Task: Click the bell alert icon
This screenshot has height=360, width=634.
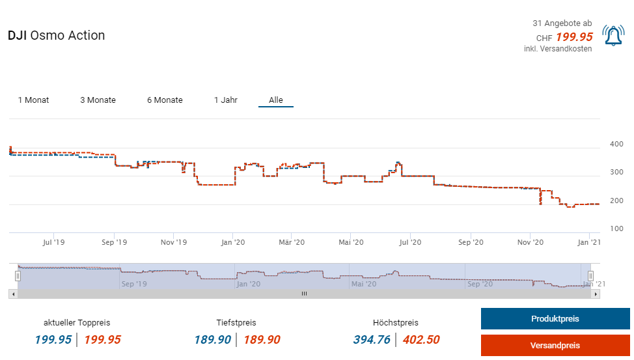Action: pos(613,36)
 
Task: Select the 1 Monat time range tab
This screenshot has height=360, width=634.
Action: pos(33,100)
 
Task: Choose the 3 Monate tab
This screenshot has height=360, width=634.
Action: pos(98,100)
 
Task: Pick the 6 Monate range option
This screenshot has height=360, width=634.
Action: pos(165,100)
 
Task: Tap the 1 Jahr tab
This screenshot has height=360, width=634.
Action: pos(225,100)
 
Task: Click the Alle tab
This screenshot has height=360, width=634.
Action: pos(276,100)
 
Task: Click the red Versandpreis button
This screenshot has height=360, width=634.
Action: pos(555,345)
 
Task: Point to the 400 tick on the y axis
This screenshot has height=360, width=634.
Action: pos(615,144)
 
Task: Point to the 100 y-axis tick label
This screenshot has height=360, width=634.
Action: pos(615,228)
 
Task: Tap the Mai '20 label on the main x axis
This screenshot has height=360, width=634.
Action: pos(350,242)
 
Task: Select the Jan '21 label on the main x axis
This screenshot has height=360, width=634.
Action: pos(589,242)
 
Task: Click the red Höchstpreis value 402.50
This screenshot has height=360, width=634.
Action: pos(420,339)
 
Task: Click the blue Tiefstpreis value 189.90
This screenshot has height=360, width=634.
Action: pos(212,339)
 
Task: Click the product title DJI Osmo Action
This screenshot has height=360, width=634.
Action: pos(56,35)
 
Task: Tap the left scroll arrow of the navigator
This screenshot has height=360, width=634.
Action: pos(12,294)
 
